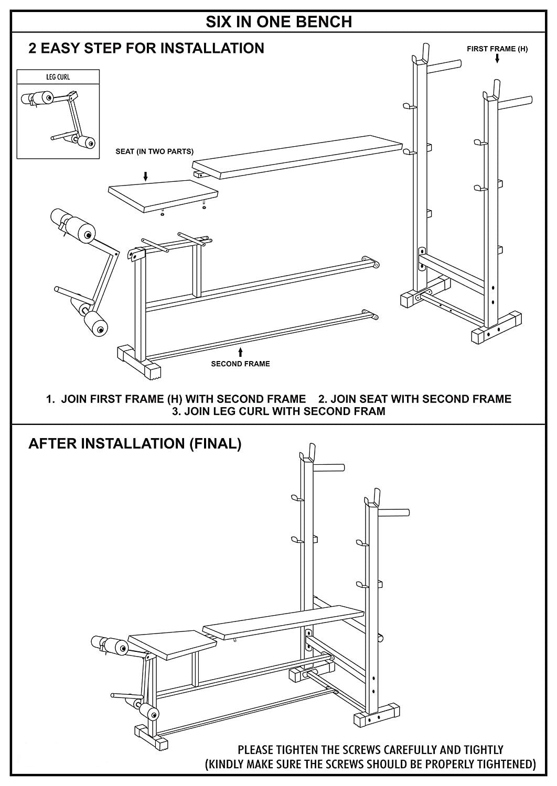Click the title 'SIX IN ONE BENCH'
click(x=278, y=21)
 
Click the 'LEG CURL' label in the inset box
click(x=58, y=77)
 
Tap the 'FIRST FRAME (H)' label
click(x=497, y=49)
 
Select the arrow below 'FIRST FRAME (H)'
click(x=497, y=59)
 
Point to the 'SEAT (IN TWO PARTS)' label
click(x=154, y=151)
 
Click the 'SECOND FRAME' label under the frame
click(x=240, y=364)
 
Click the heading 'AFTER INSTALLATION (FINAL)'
click(x=135, y=444)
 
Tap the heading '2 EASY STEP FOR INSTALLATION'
click(x=146, y=48)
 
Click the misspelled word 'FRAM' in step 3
click(x=370, y=411)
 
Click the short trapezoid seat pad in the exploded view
click(x=161, y=194)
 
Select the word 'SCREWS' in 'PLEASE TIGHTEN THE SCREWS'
click(x=355, y=750)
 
